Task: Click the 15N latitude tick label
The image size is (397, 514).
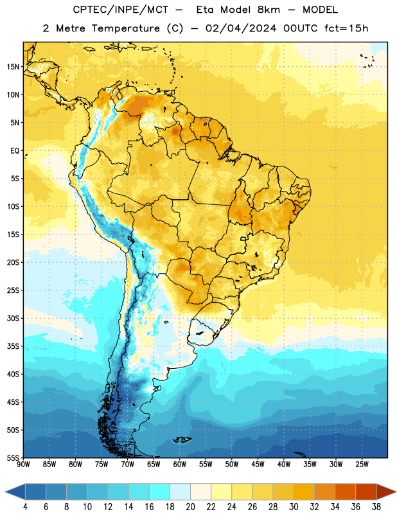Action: (x=13, y=67)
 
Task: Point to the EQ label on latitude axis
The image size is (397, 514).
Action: (x=15, y=151)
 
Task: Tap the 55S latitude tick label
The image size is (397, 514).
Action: (x=13, y=457)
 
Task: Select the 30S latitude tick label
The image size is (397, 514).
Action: (x=13, y=318)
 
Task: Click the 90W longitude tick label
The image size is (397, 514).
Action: (x=23, y=465)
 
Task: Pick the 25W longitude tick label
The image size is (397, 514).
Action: (x=362, y=465)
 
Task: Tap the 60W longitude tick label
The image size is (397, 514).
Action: (x=180, y=465)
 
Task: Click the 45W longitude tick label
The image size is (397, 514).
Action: (x=258, y=465)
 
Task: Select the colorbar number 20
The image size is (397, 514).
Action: (x=190, y=507)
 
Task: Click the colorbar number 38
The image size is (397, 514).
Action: (x=376, y=507)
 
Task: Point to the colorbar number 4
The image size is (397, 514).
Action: (x=25, y=507)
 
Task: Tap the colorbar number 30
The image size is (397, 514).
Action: (x=294, y=507)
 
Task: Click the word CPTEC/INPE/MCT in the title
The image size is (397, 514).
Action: (x=121, y=10)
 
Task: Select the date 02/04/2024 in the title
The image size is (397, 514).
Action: (x=241, y=28)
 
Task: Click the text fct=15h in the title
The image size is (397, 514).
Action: (x=346, y=28)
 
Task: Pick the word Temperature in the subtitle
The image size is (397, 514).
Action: (x=125, y=28)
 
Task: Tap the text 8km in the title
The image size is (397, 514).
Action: (x=269, y=10)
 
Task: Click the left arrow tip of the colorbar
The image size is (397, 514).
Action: (x=5, y=492)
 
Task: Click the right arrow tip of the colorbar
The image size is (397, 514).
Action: (x=396, y=492)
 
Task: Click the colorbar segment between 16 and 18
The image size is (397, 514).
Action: (x=160, y=492)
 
